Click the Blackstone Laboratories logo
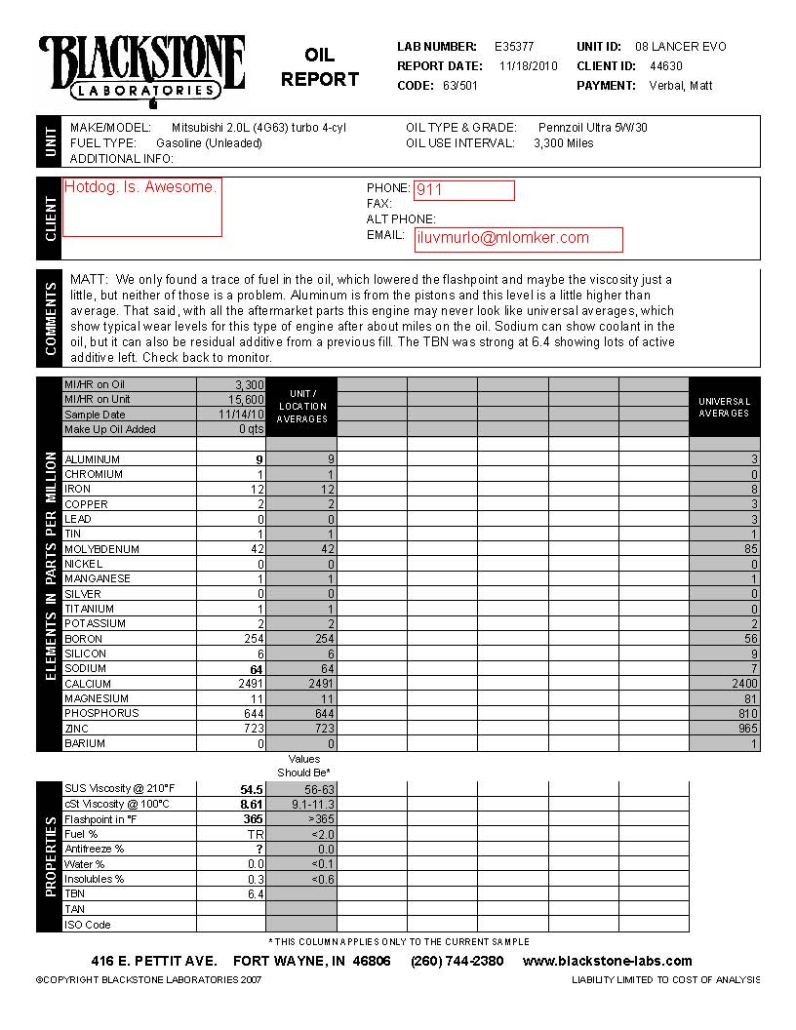coord(141,68)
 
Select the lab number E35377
coord(514,47)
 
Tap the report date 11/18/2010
coord(528,66)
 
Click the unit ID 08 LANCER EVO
coord(680,47)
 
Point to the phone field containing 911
coord(464,190)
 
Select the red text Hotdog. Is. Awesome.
coord(140,187)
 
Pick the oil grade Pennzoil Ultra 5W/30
coord(592,128)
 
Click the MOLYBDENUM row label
coord(101,549)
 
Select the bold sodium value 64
coord(257,669)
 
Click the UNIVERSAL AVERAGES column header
coord(724,408)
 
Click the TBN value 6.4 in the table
coord(256,894)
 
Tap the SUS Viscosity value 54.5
coord(252,789)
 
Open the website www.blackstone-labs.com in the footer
coord(607,961)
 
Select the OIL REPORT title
coord(319,67)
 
